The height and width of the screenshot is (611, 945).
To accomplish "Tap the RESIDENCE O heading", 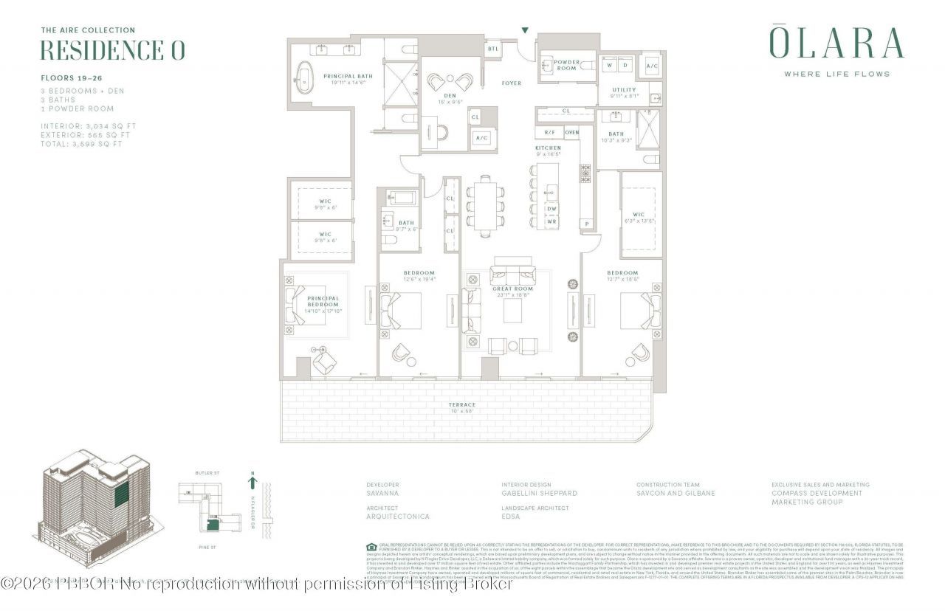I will coord(112,50).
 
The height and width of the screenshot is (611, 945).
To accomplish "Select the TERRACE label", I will coord(463,405).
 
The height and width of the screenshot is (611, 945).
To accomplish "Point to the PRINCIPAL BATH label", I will coord(348,76).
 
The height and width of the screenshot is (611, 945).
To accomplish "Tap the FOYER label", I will coord(511,83).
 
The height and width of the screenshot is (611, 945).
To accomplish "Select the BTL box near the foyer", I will coord(492,49).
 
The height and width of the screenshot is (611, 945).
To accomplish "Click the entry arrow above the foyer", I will coord(525,30).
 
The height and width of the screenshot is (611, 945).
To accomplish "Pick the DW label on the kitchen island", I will coord(551,209).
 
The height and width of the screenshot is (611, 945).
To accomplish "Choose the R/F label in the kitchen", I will coord(549,133).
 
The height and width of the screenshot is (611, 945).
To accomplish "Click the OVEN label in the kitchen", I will coord(572,133).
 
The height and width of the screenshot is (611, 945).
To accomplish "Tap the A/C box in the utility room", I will coord(652,65).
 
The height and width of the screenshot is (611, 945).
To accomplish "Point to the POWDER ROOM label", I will coord(567,65).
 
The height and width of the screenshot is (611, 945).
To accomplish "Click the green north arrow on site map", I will coord(252,483).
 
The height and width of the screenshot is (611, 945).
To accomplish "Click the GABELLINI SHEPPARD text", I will coord(539,493).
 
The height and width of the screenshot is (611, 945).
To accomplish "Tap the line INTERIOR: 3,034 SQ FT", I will coord(88,126).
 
